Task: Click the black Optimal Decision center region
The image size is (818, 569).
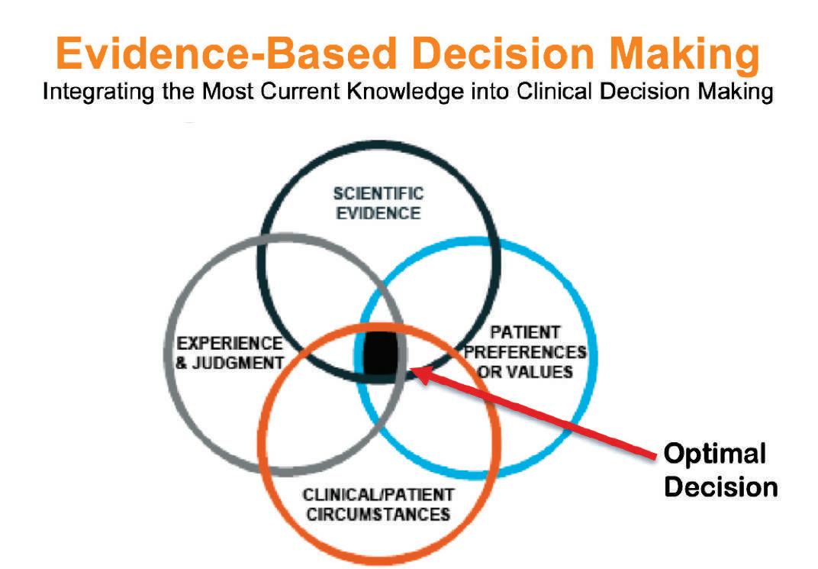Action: (379, 354)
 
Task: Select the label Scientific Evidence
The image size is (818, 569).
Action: (378, 202)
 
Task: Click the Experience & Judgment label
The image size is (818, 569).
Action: (229, 353)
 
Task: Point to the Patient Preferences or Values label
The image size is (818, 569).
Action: (525, 352)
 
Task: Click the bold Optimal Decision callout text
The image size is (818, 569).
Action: (720, 470)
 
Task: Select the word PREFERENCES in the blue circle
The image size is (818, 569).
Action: (525, 352)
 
